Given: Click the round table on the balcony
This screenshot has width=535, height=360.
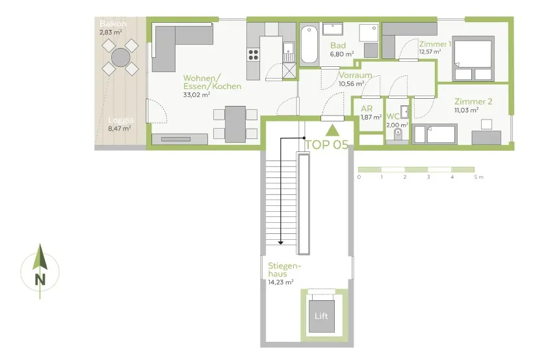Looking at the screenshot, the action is click(x=121, y=57).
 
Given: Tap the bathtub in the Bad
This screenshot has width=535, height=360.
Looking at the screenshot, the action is click(x=309, y=45).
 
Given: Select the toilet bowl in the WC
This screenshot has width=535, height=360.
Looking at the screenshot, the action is click(x=397, y=134).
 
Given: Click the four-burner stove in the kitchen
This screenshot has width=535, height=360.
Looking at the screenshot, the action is click(x=253, y=55).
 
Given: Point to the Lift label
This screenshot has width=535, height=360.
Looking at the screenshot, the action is click(x=321, y=316).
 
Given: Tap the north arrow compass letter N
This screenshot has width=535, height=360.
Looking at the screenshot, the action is click(x=40, y=280).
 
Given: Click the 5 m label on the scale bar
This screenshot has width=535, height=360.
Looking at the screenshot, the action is click(x=478, y=177).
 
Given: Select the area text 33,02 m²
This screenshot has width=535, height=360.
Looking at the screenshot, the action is click(x=196, y=95).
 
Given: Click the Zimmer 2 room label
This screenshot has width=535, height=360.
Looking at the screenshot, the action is click(x=473, y=101).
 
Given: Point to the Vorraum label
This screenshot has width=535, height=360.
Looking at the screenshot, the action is click(x=355, y=75).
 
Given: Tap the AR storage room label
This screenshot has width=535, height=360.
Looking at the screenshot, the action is click(x=367, y=109).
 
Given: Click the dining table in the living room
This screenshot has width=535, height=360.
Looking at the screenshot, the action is click(x=235, y=124).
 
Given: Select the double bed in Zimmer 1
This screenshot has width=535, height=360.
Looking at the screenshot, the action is click(x=473, y=58).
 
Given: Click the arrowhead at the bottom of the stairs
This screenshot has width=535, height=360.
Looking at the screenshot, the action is click(x=280, y=242).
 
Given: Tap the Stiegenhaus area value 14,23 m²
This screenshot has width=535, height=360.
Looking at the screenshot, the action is click(x=280, y=282).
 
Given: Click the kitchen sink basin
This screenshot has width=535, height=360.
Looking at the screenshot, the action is click(x=289, y=48).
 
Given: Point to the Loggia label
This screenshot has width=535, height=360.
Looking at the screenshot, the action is click(x=121, y=120).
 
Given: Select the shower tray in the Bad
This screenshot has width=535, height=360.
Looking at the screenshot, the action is click(x=369, y=33).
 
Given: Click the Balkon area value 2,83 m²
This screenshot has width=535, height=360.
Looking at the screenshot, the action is click(x=111, y=32).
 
